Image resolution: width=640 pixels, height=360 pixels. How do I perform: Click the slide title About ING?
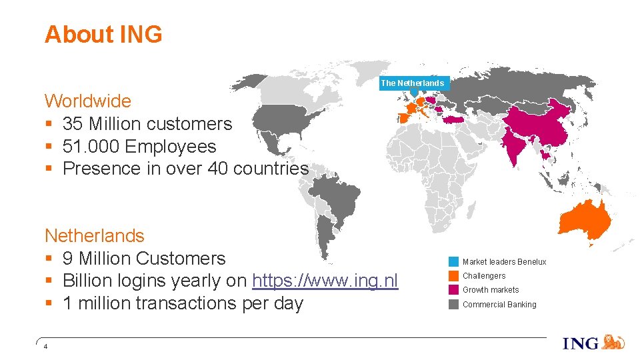103,34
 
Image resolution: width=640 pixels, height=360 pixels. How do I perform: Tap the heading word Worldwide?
87,101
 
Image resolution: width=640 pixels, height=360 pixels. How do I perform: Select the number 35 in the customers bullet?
73,124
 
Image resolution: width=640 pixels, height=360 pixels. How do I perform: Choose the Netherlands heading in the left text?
94,236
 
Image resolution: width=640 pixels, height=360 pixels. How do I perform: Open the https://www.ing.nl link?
325,281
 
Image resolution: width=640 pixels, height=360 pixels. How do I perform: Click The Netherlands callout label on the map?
412,83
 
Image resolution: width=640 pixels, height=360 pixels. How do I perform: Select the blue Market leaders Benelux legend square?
453,261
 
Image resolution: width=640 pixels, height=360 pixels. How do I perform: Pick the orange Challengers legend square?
453,275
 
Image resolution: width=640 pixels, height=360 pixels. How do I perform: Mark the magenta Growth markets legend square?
453,289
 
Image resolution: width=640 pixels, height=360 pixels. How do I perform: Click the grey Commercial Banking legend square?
453,304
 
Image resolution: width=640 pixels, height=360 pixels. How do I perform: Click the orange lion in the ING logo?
613,343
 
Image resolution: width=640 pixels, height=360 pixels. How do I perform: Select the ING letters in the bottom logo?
581,344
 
